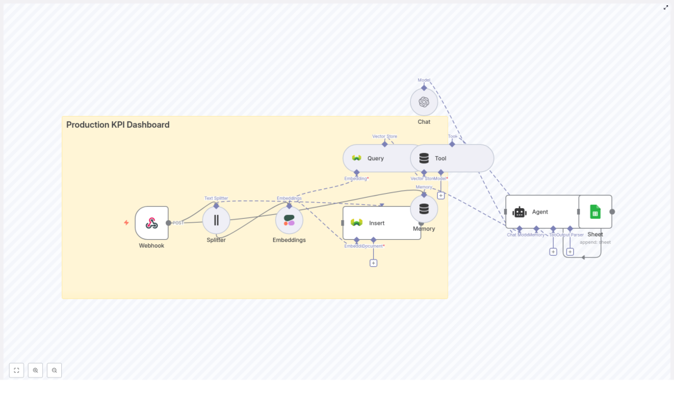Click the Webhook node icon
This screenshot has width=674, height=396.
click(151, 223)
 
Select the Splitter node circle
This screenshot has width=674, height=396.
click(216, 220)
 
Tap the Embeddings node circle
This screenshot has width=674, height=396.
click(289, 220)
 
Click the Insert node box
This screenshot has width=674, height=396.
click(382, 223)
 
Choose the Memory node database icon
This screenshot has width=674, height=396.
click(424, 209)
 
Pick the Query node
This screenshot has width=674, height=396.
click(375, 158)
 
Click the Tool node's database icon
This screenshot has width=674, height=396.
click(424, 158)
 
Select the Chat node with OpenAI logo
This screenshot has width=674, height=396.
click(424, 102)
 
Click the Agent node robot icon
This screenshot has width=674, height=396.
click(519, 212)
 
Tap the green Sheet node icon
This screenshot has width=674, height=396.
click(595, 212)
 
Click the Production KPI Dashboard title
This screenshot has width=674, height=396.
click(118, 125)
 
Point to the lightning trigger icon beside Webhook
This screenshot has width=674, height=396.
click(126, 223)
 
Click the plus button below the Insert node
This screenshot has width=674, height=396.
click(373, 263)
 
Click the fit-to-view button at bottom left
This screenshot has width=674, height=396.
click(16, 370)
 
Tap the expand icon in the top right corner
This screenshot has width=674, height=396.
click(665, 7)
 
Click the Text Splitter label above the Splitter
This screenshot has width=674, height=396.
click(216, 198)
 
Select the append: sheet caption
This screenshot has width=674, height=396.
click(595, 242)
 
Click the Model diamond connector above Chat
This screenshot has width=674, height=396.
click(424, 87)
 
